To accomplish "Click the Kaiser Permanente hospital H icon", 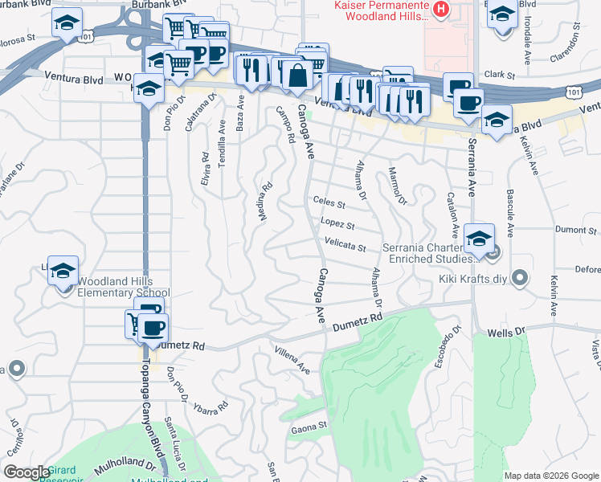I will click(x=440, y=10).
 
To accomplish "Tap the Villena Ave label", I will click(x=292, y=359).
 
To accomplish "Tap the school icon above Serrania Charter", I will click(x=480, y=239).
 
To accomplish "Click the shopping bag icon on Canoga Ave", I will click(x=296, y=76).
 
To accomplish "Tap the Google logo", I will click(x=27, y=472).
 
